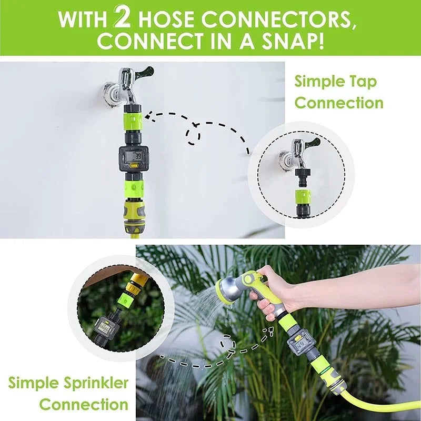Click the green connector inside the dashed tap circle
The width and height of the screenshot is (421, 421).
point(303,197)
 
